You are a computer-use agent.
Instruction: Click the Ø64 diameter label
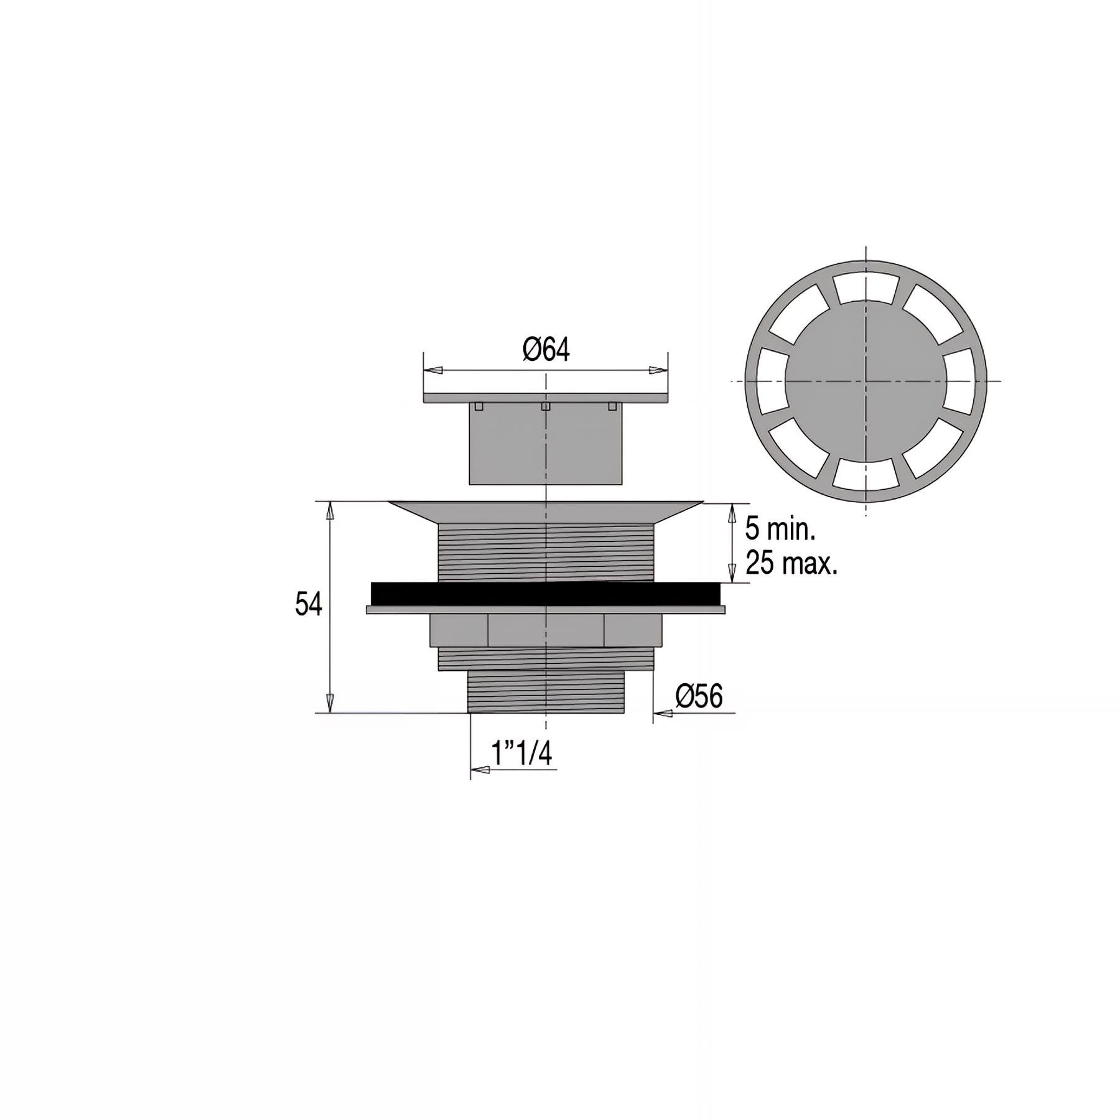(x=546, y=350)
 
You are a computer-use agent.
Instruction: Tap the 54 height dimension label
(x=309, y=604)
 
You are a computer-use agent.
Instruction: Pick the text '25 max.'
(x=791, y=564)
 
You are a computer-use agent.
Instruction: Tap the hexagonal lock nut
(x=546, y=630)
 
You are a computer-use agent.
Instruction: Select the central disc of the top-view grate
(x=866, y=380)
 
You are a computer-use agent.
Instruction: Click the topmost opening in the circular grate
(x=866, y=287)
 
